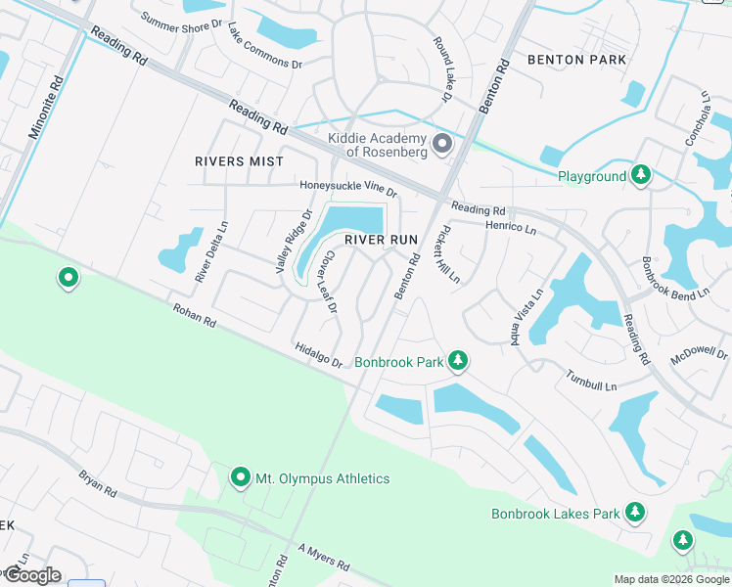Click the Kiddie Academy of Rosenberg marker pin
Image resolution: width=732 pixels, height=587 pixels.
point(442,145)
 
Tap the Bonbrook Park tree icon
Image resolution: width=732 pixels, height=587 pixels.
point(457,362)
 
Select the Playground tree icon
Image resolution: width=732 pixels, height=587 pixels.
point(641,176)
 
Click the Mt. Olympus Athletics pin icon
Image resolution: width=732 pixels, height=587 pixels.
point(241,477)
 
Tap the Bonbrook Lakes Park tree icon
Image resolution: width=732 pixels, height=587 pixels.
point(635,513)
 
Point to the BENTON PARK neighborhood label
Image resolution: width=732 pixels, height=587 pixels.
point(576,60)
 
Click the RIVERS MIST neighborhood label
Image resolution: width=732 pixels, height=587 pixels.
point(239,161)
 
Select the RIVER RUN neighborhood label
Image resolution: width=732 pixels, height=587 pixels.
point(380,240)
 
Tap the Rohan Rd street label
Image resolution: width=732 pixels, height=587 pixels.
point(194,314)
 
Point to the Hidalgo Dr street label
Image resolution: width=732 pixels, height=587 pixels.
point(319,355)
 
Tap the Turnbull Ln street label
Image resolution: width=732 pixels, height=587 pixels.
point(591,381)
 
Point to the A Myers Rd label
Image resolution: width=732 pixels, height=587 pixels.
point(324,558)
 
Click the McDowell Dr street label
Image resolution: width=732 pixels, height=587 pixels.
point(700,354)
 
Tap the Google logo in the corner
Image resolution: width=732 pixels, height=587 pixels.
point(31,575)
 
